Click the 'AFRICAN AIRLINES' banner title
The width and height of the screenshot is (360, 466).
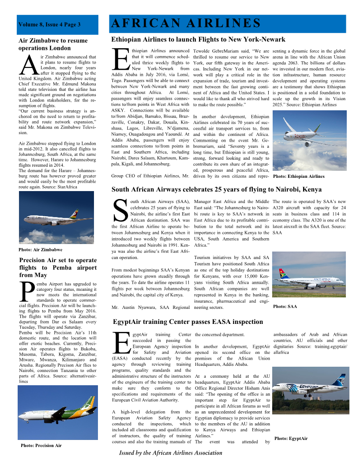pyautogui.click(x=186, y=23)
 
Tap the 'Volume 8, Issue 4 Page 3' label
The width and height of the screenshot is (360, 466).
pyautogui.click(x=49, y=25)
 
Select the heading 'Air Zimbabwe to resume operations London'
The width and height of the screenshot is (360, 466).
pyautogui.click(x=53, y=44)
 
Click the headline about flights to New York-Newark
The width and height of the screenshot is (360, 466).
pyautogui.click(x=198, y=39)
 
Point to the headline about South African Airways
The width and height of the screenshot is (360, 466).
pyautogui.click(x=216, y=190)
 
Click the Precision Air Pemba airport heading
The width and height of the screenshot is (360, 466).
pyautogui.click(x=58, y=267)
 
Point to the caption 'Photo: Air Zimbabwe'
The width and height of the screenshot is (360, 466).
pyautogui.click(x=40, y=250)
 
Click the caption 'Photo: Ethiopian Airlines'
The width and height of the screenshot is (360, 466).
pyautogui.click(x=299, y=177)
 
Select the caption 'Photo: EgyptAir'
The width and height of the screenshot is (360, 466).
pyautogui.click(x=291, y=439)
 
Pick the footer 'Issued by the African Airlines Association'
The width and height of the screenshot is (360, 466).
pyautogui.click(x=171, y=453)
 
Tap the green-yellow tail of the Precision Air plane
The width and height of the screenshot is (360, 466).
pyautogui.click(x=88, y=404)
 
